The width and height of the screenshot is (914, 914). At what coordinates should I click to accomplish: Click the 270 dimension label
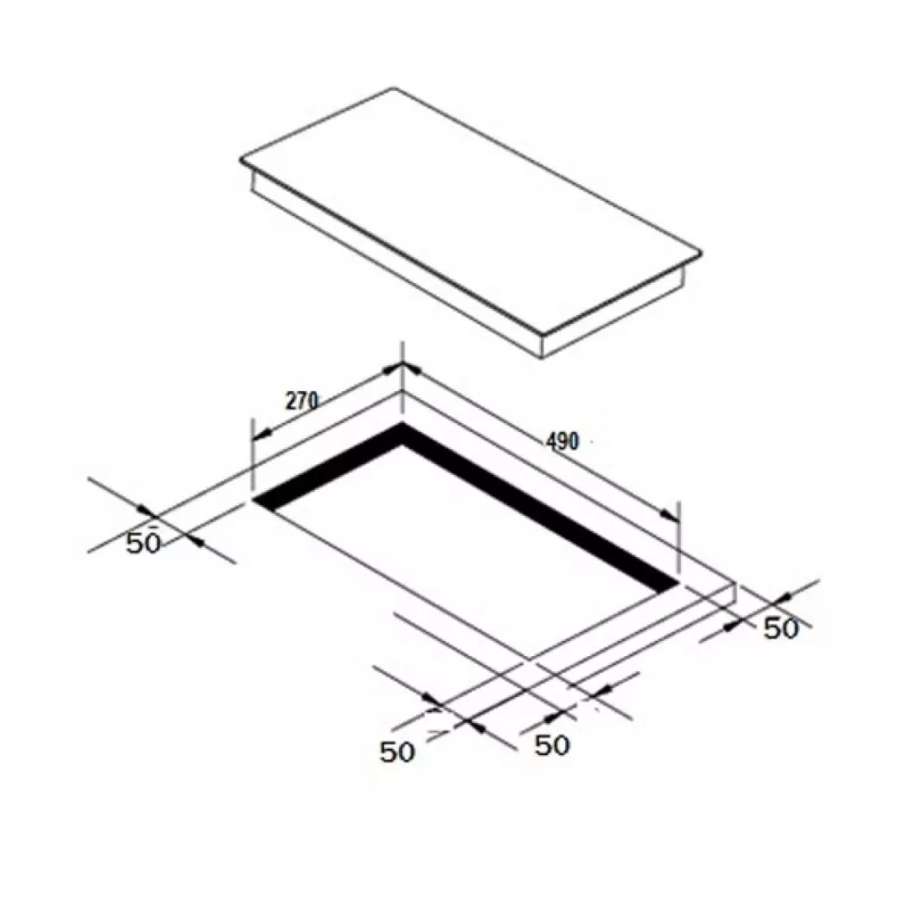[x=302, y=401]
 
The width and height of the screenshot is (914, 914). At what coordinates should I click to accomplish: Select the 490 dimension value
[x=562, y=441]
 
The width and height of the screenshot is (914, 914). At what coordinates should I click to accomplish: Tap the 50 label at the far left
[x=144, y=543]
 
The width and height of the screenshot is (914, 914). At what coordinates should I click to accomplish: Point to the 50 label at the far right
[x=780, y=628]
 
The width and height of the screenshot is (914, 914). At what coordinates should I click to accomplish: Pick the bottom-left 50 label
[x=397, y=752]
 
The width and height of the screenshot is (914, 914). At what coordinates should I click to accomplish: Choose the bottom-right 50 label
[x=552, y=745]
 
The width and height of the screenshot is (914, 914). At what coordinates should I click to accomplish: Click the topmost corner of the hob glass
[x=393, y=88]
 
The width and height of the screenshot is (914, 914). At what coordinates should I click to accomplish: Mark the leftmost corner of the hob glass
[x=240, y=161]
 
